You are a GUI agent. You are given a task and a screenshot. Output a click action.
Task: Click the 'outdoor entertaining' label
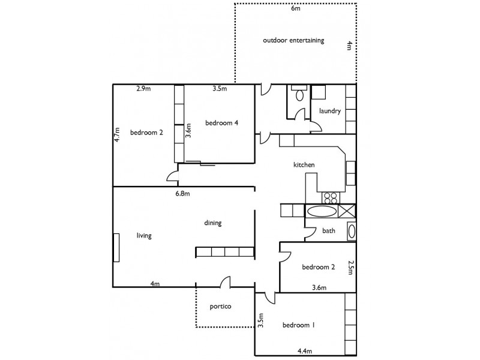tap(293, 41)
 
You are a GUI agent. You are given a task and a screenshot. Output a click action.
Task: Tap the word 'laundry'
tap(330, 111)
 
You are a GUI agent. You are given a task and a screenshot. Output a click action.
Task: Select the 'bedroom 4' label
tap(222, 123)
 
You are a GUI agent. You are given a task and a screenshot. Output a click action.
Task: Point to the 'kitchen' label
tap(304, 165)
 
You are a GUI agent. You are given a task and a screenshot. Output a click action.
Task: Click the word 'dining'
tap(212, 223)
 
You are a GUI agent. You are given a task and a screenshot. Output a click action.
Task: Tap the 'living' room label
tap(143, 236)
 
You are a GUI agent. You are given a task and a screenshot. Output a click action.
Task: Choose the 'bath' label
tap(329, 230)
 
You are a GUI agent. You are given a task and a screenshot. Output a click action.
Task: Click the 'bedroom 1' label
tap(299, 325)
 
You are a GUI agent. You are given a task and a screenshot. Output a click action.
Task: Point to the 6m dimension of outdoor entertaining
tap(295, 9)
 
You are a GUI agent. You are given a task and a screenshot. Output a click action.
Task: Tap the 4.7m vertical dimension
tap(118, 133)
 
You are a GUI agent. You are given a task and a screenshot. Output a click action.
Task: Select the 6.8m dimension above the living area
tap(182, 194)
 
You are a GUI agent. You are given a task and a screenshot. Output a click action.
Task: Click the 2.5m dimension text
tap(350, 268)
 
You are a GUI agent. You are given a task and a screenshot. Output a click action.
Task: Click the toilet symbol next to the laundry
tap(299, 94)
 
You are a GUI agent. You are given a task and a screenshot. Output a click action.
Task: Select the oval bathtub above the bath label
tap(322, 211)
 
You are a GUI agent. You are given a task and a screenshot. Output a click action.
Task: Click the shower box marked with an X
tap(346, 211)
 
